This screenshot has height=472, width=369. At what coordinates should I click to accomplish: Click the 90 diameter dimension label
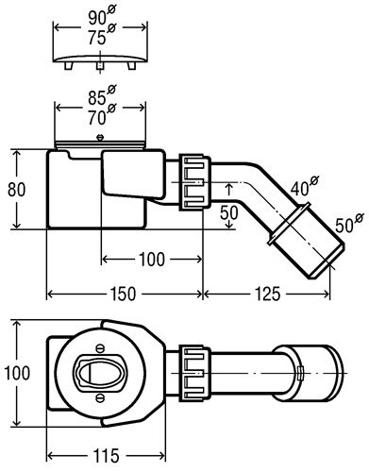pyautogui.click(x=102, y=16)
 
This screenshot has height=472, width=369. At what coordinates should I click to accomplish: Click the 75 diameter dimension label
pyautogui.click(x=102, y=35)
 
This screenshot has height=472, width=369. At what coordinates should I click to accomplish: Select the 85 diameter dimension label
pyautogui.click(x=102, y=95)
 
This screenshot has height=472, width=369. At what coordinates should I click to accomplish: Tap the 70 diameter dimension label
pyautogui.click(x=102, y=114)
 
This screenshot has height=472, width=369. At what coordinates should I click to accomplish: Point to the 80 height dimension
pyautogui.click(x=16, y=190)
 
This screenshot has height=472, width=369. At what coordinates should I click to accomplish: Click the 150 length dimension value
pyautogui.click(x=124, y=294)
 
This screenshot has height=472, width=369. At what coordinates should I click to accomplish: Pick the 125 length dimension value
pyautogui.click(x=267, y=294)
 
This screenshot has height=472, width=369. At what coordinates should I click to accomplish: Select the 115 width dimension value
pyautogui.click(x=107, y=456)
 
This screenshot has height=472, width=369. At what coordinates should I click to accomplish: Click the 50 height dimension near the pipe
pyautogui.click(x=229, y=212)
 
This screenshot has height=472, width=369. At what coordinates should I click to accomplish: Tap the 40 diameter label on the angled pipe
pyautogui.click(x=305, y=186)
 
